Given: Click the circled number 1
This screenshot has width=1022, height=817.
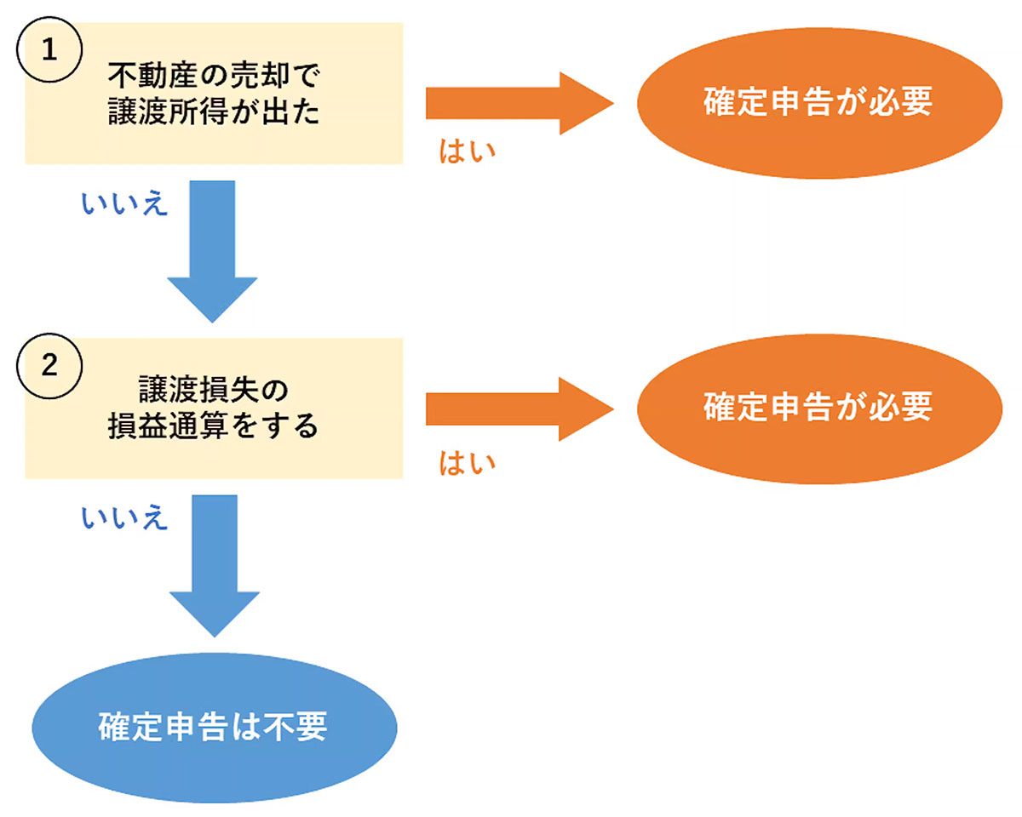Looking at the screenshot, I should point(50,49).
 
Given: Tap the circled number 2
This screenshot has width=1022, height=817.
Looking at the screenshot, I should point(50,364).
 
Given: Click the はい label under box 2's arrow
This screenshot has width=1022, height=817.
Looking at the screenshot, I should point(467,464).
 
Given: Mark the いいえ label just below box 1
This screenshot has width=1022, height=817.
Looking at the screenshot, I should point(124,204).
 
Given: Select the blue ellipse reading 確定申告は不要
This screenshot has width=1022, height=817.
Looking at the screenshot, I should point(214,728).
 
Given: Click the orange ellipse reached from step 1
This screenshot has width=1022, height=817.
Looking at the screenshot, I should point(817,103).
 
